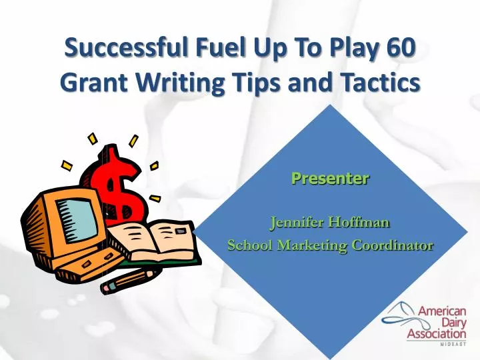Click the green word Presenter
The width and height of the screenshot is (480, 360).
coord(330,178)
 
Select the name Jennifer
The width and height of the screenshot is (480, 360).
coord(294,222)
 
